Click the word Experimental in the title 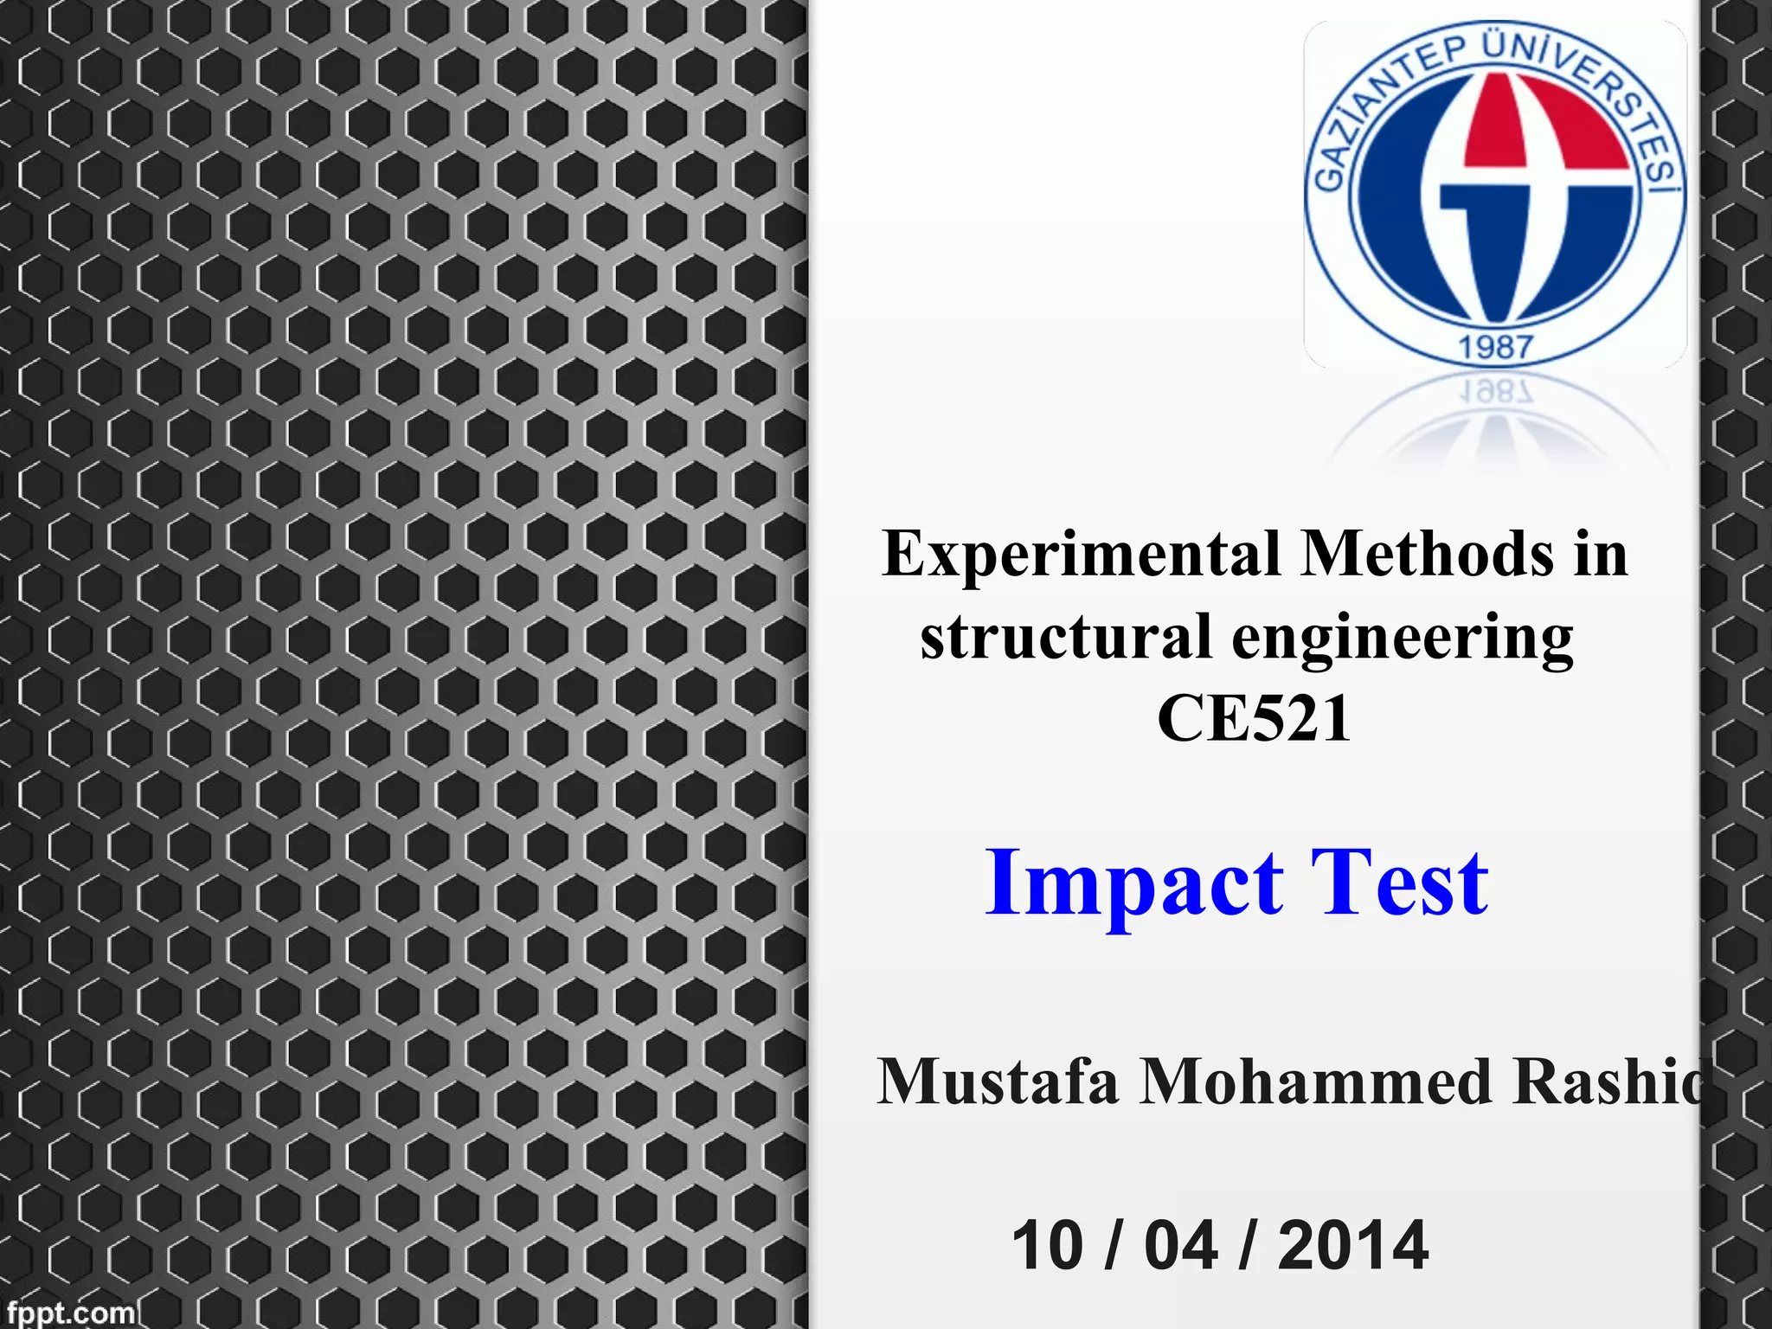(1082, 555)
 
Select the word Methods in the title (1428, 554)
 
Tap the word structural (1066, 638)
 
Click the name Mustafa (998, 1082)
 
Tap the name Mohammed (1316, 1082)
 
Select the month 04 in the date (1181, 1246)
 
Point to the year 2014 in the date (1352, 1246)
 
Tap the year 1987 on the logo (1496, 348)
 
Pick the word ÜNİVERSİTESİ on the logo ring (1601, 95)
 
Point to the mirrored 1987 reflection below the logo (1496, 392)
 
